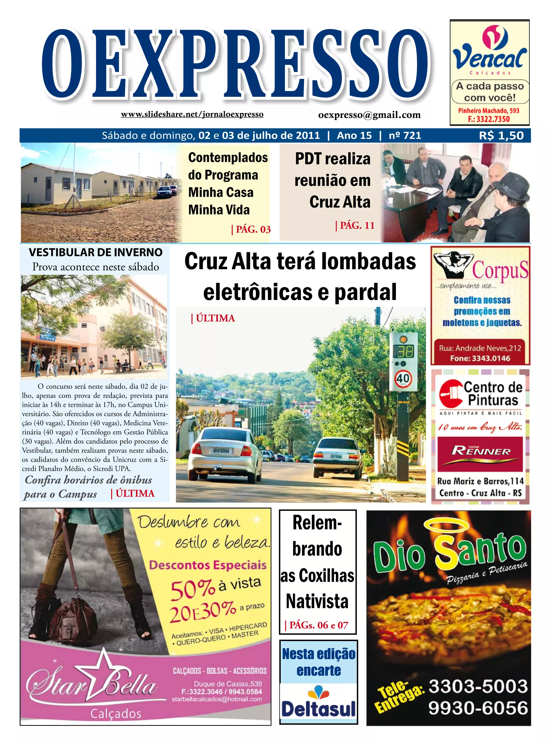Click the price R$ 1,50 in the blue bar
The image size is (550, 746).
point(501,135)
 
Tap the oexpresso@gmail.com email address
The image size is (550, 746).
point(369,115)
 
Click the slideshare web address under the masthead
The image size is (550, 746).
point(192,114)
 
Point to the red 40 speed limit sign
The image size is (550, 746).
point(403,378)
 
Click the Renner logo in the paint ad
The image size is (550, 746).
point(481,452)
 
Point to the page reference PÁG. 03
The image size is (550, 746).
point(251,229)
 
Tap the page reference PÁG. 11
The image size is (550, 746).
point(355,225)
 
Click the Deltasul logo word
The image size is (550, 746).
point(318,708)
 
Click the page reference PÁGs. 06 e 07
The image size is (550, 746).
point(317,625)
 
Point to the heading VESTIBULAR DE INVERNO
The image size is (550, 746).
point(96,253)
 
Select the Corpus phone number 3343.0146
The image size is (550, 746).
point(480,358)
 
